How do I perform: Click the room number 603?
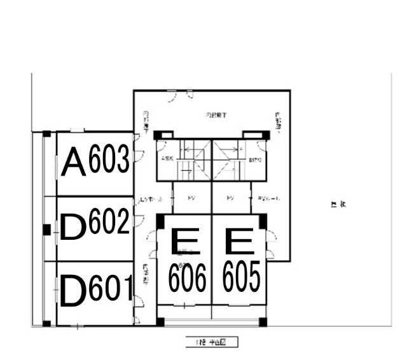tap(109, 160)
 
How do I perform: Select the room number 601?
tap(111, 289)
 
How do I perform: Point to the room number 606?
tap(187, 277)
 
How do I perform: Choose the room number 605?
tap(242, 277)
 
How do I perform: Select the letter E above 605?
tap(240, 242)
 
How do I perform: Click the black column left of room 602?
tap(46, 229)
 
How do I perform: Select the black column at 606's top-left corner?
tap(160, 221)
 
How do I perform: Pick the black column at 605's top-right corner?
tap(263, 221)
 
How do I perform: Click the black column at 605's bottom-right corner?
tap(263, 321)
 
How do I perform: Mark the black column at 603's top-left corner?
tap(46, 134)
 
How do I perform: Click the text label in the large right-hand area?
tap(338, 204)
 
